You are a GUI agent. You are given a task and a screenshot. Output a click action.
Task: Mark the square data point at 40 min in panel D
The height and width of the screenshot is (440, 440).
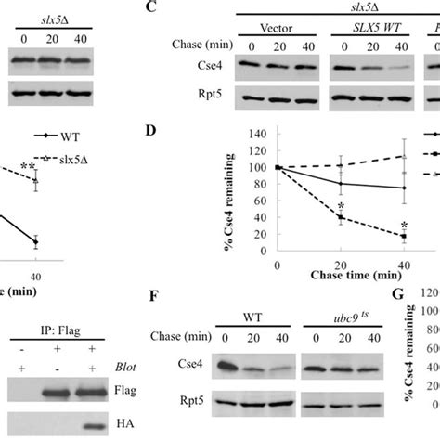405,238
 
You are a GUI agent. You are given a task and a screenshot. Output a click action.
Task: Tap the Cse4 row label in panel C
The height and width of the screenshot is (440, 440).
187,66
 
